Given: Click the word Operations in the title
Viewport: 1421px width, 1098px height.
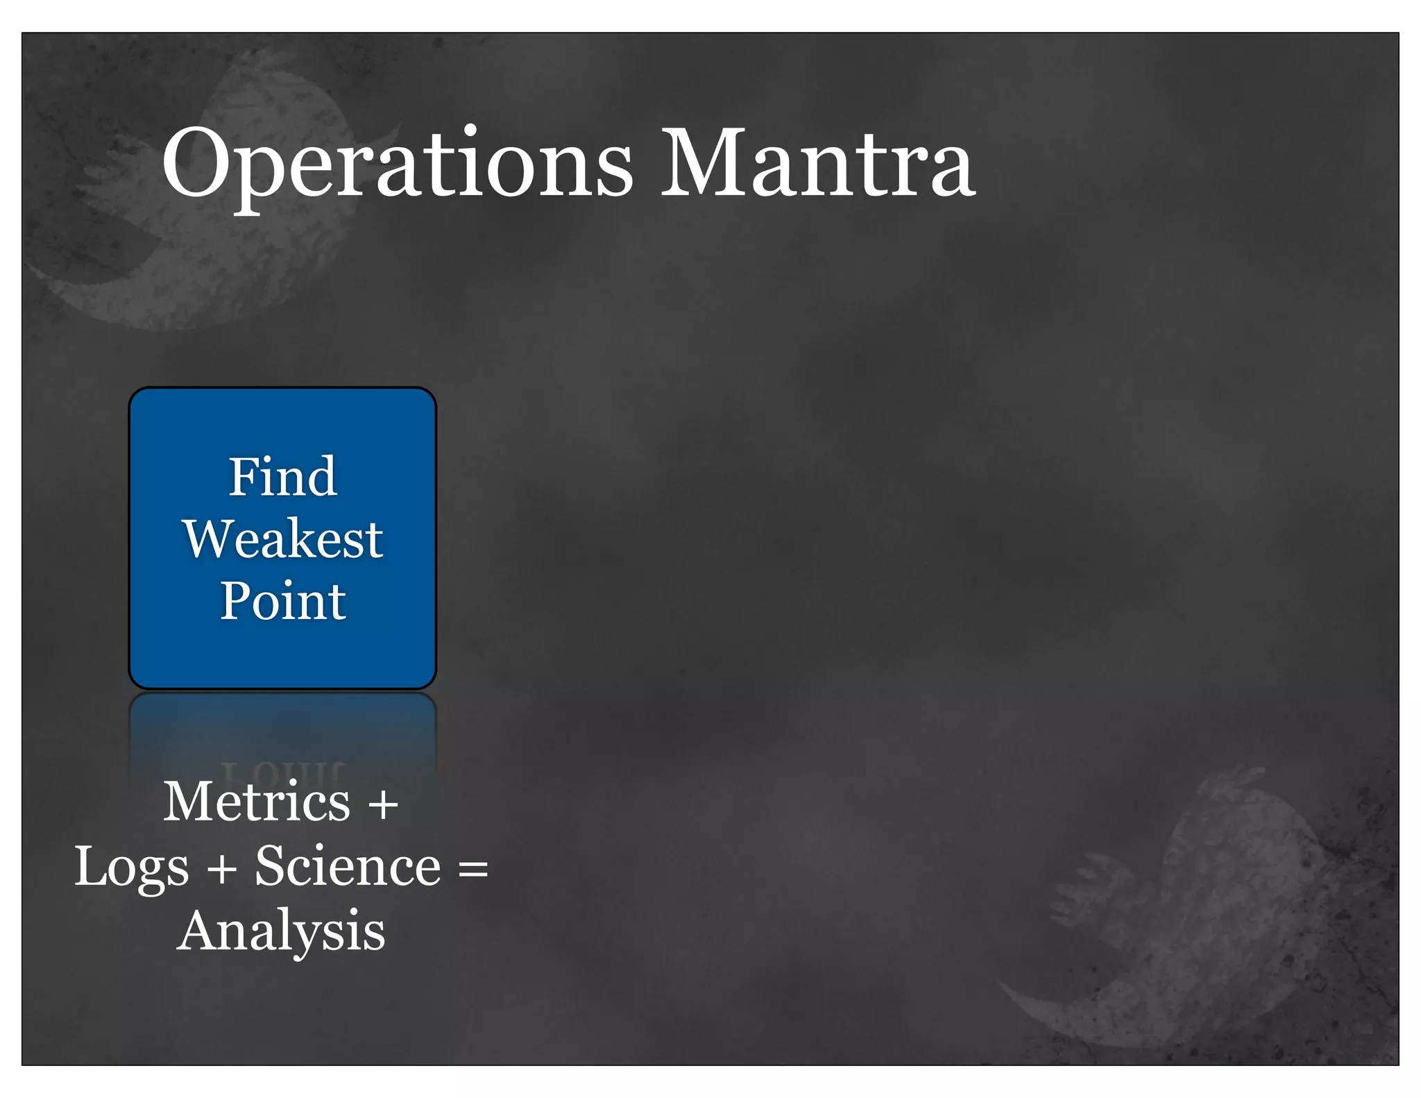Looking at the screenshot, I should (x=397, y=164).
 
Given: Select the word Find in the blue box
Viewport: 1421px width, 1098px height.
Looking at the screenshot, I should (x=283, y=477).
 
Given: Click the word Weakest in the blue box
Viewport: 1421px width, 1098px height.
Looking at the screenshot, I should (x=283, y=539).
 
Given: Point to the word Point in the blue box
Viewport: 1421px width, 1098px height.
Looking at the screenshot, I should (x=283, y=600).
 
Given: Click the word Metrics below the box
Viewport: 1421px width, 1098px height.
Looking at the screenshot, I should (x=257, y=802).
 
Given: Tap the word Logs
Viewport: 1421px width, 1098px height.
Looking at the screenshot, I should (x=132, y=868).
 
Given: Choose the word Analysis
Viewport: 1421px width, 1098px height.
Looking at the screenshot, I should (x=281, y=931).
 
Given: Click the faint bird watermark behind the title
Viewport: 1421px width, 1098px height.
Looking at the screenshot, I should (x=208, y=201).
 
